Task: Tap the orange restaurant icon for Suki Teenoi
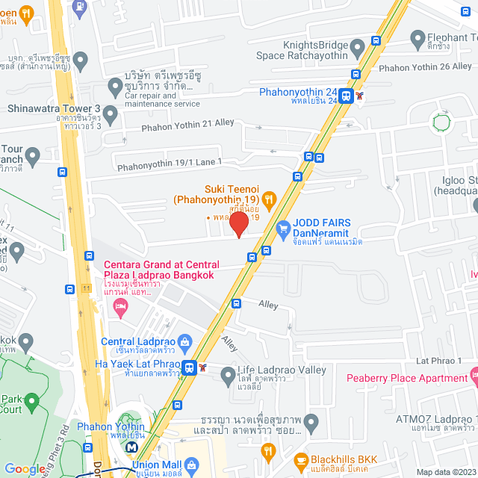[x=270, y=199]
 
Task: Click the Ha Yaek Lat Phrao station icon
[x=190, y=367]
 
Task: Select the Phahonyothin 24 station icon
[x=346, y=96]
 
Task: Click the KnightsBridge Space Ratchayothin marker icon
[x=358, y=49]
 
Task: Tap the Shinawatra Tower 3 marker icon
[x=111, y=115]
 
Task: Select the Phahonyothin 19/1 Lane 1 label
[x=170, y=161]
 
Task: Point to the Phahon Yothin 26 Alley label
[x=425, y=66]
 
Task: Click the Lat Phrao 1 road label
[x=440, y=361]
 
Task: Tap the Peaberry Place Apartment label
[x=407, y=378]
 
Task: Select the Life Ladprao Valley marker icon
[x=228, y=378]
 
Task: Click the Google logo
[x=25, y=468]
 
